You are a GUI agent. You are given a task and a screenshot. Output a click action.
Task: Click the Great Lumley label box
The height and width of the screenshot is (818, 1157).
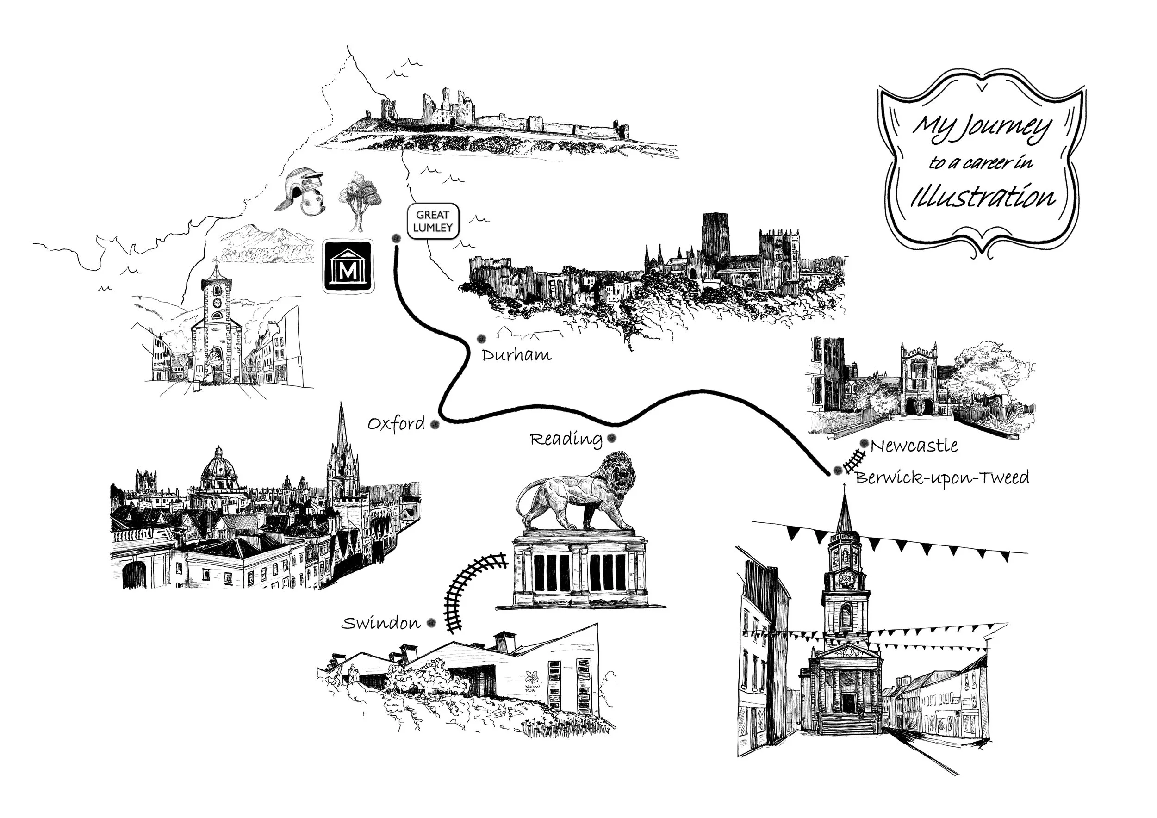coord(433,221)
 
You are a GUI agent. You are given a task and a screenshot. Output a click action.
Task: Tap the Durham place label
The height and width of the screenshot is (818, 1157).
coord(516,355)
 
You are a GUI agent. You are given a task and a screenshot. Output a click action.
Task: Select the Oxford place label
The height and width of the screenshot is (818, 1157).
coord(396,424)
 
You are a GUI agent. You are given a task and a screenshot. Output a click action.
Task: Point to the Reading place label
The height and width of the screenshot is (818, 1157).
coord(566,439)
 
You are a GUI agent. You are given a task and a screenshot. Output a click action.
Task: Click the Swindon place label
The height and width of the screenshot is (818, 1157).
coord(381,624)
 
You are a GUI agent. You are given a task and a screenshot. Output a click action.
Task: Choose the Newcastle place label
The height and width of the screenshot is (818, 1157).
coord(914,446)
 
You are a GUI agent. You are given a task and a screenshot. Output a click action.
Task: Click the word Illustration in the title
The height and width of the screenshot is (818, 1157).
coord(982,197)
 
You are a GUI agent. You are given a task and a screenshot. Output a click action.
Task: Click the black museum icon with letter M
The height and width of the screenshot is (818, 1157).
coord(348,266)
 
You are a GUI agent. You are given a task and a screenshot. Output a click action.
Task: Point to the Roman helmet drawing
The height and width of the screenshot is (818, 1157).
coord(303,192)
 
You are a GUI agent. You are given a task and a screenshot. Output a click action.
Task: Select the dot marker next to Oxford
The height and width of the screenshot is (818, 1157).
coord(435,425)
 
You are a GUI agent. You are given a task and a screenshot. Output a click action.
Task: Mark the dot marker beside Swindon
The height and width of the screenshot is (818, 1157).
coord(431,624)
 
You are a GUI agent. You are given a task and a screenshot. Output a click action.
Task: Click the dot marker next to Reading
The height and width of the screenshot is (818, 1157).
coord(612,438)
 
